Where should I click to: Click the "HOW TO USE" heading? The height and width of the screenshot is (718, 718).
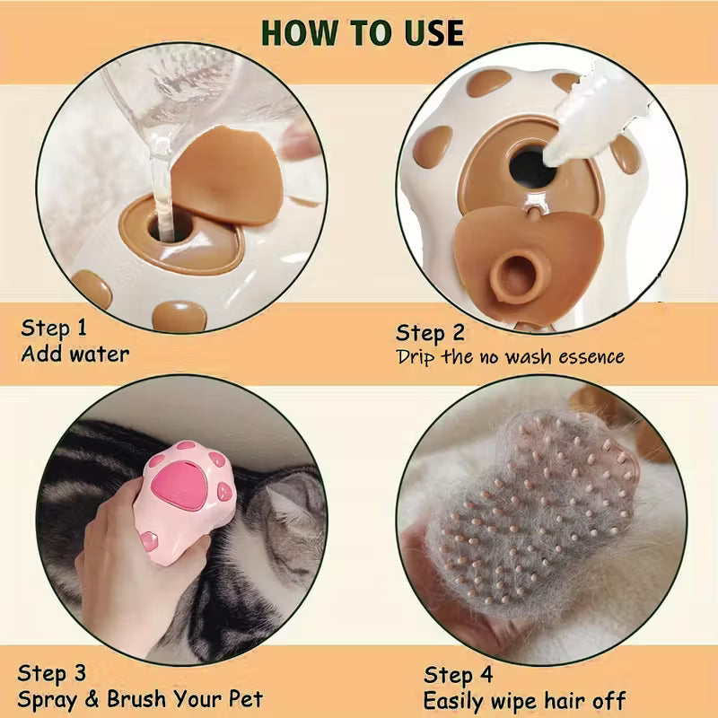[x=362, y=32]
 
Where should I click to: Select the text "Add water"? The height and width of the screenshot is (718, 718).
[x=75, y=354]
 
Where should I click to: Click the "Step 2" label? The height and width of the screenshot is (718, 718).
[x=431, y=333]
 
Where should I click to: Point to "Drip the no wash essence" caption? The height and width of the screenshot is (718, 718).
[x=510, y=357]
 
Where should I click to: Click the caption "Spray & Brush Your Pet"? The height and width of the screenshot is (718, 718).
[x=141, y=698]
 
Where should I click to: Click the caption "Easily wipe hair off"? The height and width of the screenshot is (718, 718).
[x=524, y=700]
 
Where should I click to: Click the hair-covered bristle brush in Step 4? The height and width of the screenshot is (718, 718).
[x=530, y=521]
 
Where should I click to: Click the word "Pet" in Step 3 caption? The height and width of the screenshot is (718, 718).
[x=245, y=698]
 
